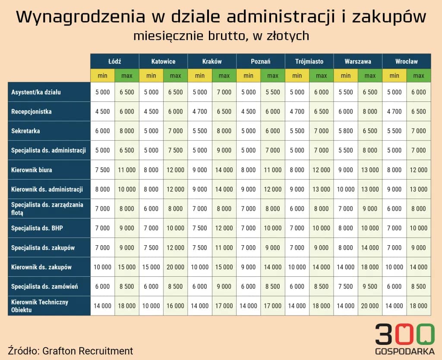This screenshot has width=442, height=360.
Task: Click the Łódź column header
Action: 114,61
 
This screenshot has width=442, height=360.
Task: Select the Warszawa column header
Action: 357,61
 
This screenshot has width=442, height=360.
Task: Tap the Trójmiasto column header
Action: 309,61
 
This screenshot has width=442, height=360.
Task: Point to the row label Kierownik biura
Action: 32,170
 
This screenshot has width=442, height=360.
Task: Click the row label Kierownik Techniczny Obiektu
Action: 39,306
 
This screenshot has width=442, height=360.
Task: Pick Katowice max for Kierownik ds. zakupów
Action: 175,267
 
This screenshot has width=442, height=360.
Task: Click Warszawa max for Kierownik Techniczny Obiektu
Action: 370,306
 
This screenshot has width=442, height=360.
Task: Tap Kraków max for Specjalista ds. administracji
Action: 224,150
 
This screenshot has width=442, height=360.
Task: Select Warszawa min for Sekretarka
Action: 345,131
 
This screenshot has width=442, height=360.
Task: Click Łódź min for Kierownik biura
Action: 102,170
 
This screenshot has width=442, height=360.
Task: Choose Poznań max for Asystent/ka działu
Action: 272,92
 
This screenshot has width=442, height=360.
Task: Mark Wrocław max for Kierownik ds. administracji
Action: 418,189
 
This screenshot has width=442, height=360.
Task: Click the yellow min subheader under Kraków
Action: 200,76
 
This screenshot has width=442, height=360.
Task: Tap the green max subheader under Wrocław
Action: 418,76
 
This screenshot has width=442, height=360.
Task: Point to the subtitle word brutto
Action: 226,36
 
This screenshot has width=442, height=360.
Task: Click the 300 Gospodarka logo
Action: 404,339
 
